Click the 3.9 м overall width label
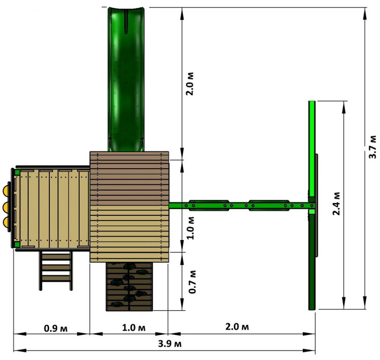(x=169, y=344)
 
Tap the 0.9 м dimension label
(x=56, y=328)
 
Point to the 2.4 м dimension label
(x=336, y=204)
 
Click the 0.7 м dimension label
(x=192, y=282)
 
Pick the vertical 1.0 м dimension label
(x=190, y=228)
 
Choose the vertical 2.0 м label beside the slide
(x=190, y=84)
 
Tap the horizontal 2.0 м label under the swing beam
(x=237, y=327)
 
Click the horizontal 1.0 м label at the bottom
(x=134, y=328)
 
